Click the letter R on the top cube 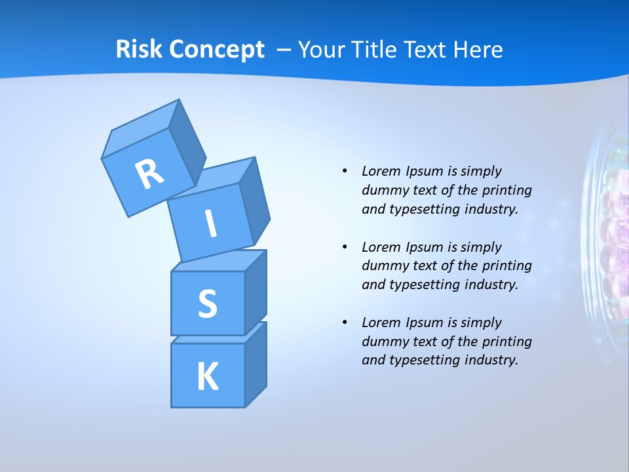149,174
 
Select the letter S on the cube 207,304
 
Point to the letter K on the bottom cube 207,377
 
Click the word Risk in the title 139,49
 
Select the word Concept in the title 217,50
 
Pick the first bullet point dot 345,171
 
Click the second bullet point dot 345,247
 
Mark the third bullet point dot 345,323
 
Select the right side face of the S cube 256,292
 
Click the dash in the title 284,50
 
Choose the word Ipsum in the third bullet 426,323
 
